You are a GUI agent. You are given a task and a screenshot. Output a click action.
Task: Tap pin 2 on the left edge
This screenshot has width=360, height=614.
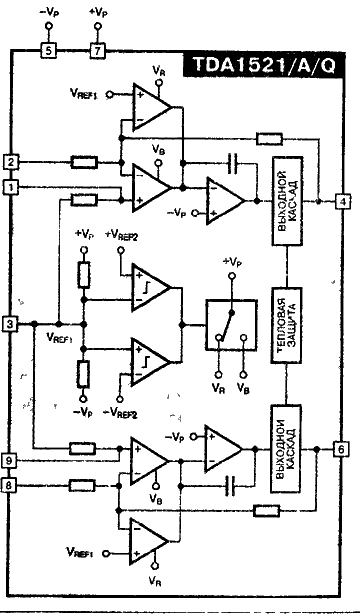(11, 161)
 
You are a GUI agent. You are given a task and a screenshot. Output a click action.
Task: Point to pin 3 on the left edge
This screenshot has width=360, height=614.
(11, 323)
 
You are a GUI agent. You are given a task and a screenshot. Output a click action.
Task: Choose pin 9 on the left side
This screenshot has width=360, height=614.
(11, 461)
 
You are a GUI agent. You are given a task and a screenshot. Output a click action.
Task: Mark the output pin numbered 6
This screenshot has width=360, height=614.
(342, 449)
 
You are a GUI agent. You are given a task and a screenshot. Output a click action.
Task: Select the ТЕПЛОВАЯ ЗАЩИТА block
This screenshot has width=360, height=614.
(285, 324)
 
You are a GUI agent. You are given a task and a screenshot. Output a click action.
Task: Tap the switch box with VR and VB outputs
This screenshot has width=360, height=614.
(231, 324)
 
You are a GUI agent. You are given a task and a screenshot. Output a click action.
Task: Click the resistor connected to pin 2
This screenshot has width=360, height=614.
(85, 161)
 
